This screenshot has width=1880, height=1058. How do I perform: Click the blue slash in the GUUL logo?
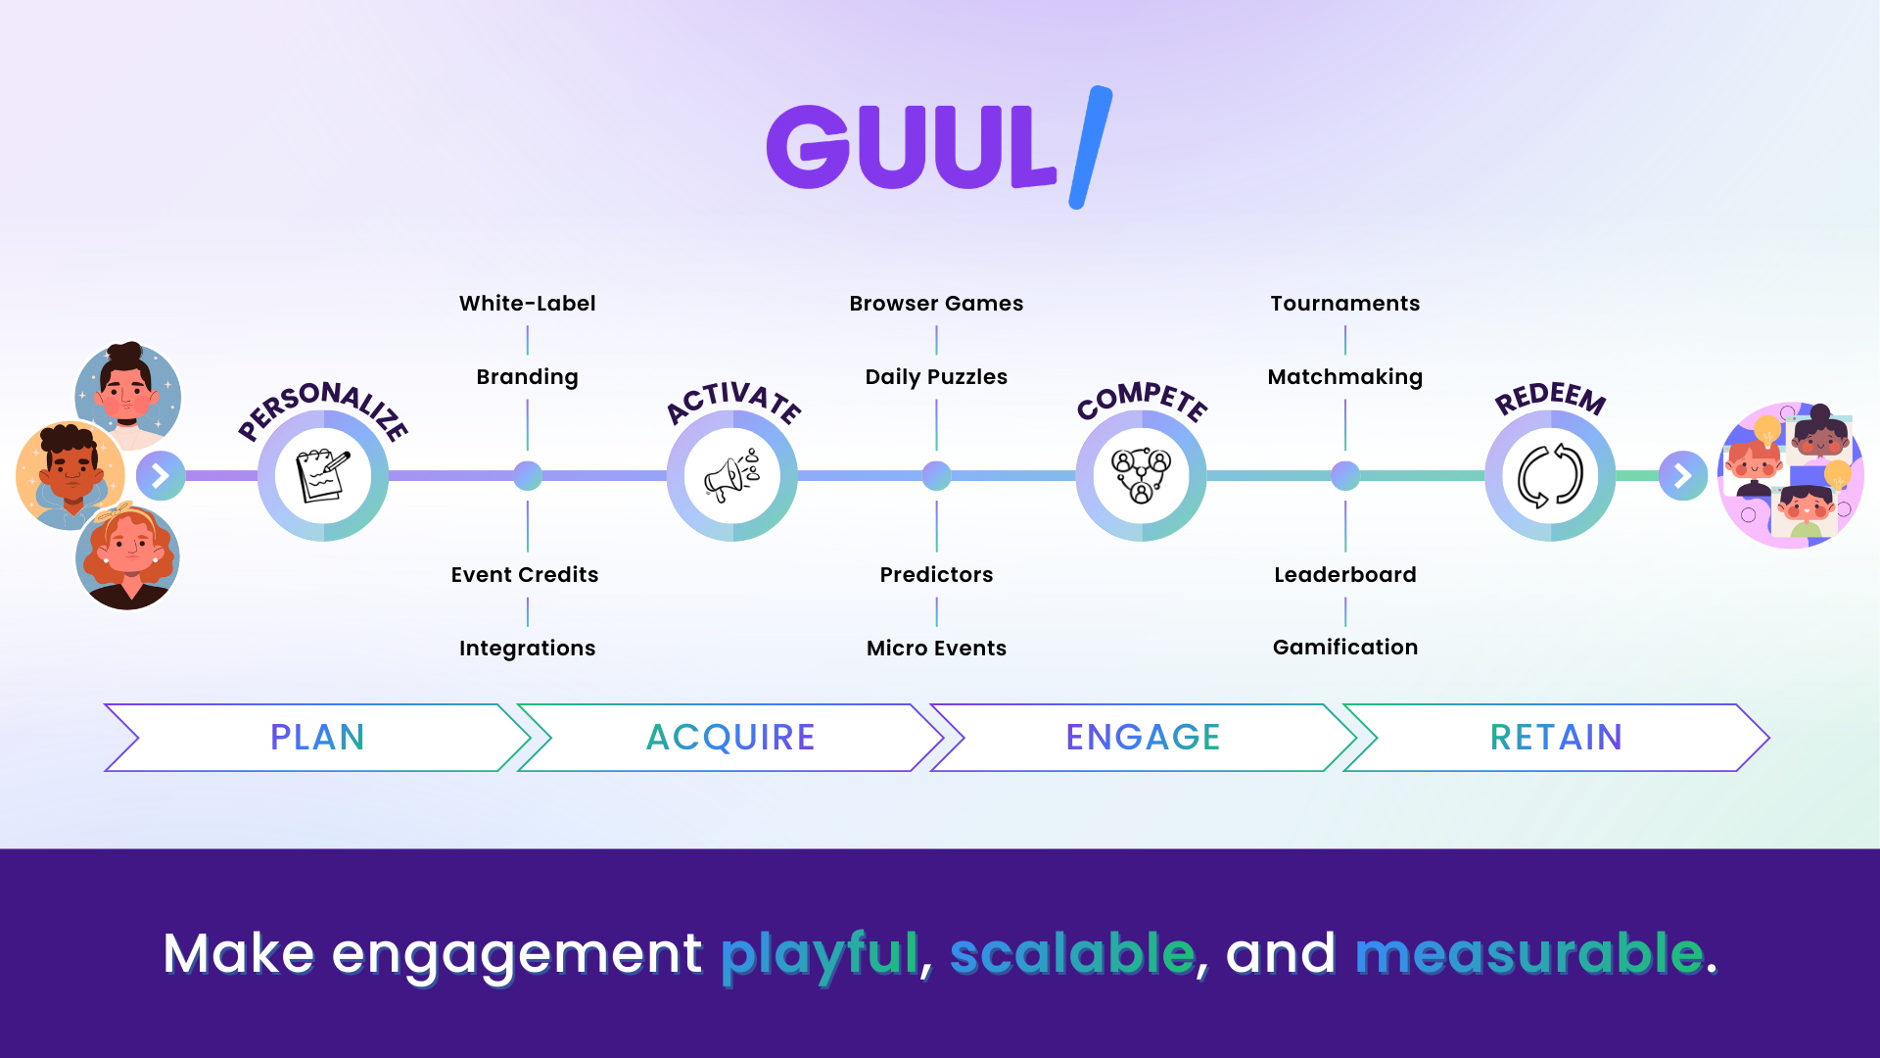point(1090,147)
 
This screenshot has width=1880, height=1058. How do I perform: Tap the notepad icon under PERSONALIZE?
point(323,476)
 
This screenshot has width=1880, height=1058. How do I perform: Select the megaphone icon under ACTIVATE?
point(731,476)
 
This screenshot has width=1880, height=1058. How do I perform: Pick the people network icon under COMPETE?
point(1141,476)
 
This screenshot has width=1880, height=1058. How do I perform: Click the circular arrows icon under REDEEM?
point(1550,476)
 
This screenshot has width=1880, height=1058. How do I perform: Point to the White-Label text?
point(527,304)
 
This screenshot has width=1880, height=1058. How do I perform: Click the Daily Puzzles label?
point(936,377)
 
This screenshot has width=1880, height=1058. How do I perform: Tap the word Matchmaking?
point(1344,377)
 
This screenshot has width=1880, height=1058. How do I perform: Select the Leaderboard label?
point(1344,575)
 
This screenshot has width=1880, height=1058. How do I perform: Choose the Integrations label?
point(527,649)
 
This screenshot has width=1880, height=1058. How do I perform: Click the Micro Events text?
point(936,649)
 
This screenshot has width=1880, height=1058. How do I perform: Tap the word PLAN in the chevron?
point(317,738)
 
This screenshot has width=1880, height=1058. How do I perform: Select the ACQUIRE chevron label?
point(730,738)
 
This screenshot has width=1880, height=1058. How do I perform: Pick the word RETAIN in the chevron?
point(1556,738)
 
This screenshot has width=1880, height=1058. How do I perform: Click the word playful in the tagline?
point(820,953)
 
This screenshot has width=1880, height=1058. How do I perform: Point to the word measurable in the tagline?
point(1528,953)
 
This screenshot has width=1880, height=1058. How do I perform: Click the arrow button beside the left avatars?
point(161,476)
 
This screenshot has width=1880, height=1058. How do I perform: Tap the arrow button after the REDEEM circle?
point(1682,476)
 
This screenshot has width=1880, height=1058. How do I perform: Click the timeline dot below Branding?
point(528,476)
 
